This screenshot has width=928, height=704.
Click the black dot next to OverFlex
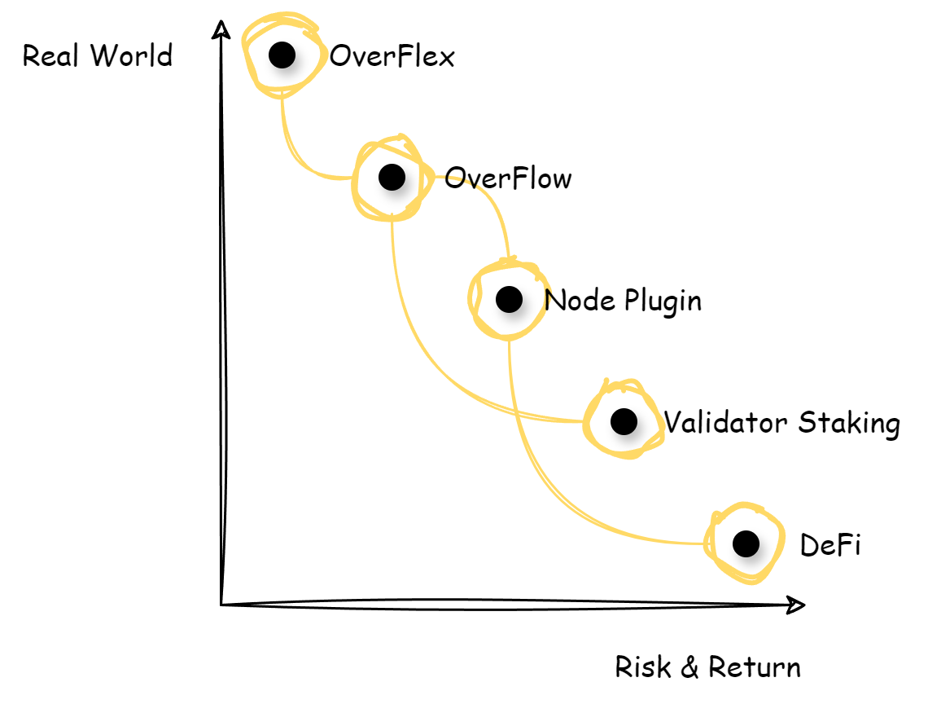click(x=282, y=55)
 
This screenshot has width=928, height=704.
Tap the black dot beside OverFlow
click(x=392, y=177)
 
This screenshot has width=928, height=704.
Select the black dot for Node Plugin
click(x=509, y=299)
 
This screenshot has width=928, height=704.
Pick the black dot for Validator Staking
click(x=624, y=421)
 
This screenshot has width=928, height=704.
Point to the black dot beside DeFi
click(x=746, y=543)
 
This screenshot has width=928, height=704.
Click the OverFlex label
click(x=392, y=57)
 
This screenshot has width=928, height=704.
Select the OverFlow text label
click(x=508, y=178)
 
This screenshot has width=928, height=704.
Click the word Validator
click(x=726, y=423)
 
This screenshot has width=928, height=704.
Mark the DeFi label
click(x=830, y=545)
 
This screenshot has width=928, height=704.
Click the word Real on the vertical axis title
click(x=52, y=56)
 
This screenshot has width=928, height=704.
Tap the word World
click(x=131, y=56)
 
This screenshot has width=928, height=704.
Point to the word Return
click(x=755, y=667)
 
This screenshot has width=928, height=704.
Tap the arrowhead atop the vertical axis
click(x=221, y=28)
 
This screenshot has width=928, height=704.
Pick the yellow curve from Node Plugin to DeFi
click(x=554, y=497)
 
